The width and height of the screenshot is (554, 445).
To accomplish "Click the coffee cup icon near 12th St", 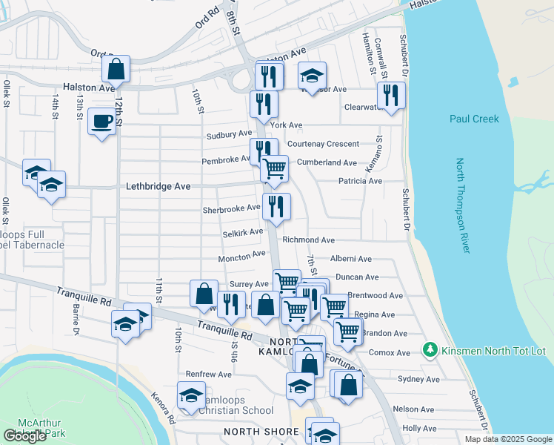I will [101, 120].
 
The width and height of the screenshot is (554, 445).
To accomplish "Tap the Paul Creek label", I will [474, 119].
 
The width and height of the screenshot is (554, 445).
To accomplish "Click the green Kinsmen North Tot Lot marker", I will [428, 349].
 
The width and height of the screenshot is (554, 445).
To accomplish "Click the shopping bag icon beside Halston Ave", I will [116, 69].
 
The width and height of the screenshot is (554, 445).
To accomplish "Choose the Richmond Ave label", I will [308, 240].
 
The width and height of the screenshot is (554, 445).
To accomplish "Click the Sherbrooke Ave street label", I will [231, 209].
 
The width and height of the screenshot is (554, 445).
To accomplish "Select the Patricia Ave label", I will [360, 181].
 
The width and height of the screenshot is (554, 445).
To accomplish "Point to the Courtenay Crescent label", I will [323, 144].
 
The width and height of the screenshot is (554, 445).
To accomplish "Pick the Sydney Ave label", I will [418, 379].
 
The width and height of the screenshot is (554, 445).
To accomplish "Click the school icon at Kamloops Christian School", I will [191, 395].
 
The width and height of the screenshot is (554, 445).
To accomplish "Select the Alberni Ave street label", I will [350, 259].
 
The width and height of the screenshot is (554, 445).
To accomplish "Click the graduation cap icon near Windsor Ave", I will [313, 75].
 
